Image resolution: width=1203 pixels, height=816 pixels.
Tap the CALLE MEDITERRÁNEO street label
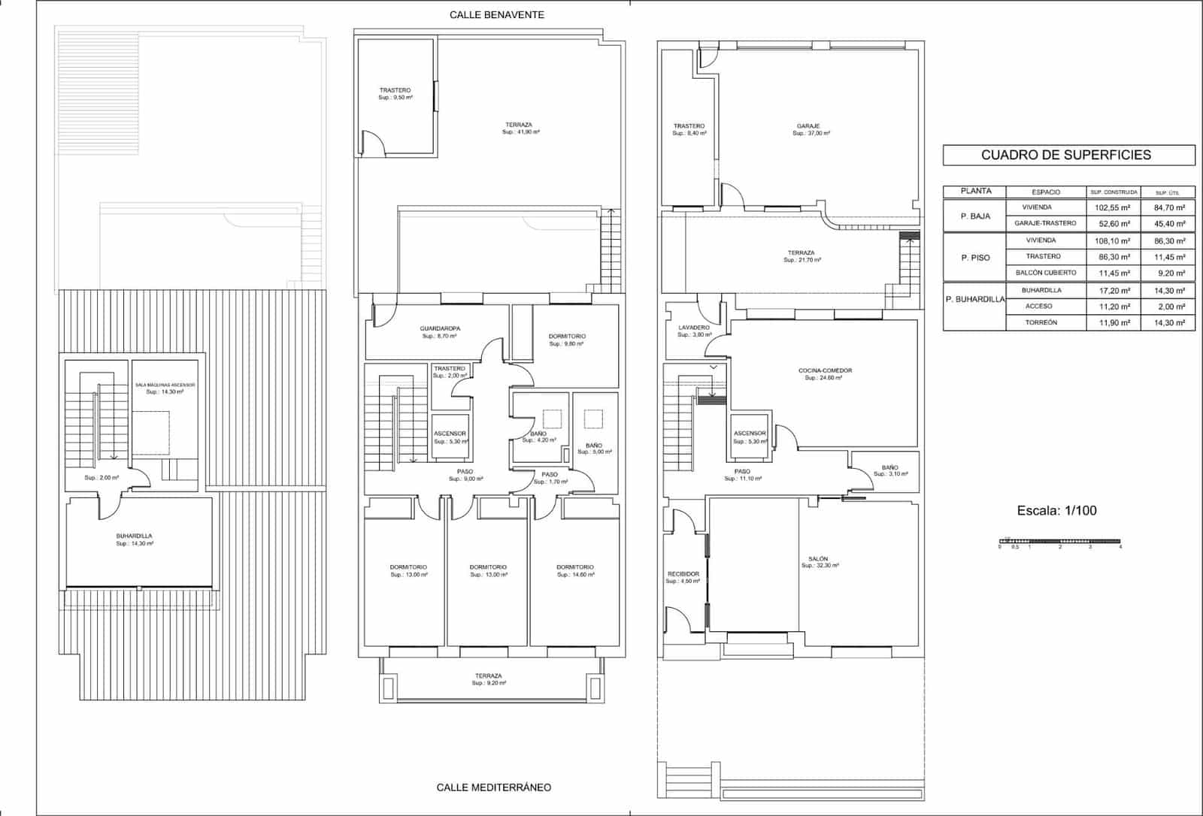point(493,787)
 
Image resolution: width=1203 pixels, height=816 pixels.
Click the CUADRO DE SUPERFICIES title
point(1065,156)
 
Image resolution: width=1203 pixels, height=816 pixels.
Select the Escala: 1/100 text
point(1056,511)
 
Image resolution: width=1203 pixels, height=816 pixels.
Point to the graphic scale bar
point(1059,541)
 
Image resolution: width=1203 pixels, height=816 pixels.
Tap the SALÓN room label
point(818,559)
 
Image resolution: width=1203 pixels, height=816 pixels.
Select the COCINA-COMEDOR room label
point(825,370)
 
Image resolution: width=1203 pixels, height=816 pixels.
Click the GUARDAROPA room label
point(440,328)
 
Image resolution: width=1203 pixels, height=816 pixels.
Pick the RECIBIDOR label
point(683,574)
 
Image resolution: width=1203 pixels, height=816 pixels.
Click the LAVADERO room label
point(693,328)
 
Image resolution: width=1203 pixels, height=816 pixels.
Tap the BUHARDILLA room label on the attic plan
point(134,536)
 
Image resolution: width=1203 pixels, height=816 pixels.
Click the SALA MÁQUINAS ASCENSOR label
point(165,385)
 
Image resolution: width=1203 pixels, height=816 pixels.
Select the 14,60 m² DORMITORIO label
point(574,567)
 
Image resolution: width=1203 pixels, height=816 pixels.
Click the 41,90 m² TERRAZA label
point(519,125)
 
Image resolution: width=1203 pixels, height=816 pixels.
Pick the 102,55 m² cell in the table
point(1113,207)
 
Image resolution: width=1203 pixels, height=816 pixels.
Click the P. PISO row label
point(975,258)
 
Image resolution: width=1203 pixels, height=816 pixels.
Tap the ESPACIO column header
point(1046,192)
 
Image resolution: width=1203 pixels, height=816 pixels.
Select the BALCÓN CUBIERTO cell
point(1045,273)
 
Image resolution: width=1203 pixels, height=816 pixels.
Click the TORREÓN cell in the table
point(1041,322)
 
